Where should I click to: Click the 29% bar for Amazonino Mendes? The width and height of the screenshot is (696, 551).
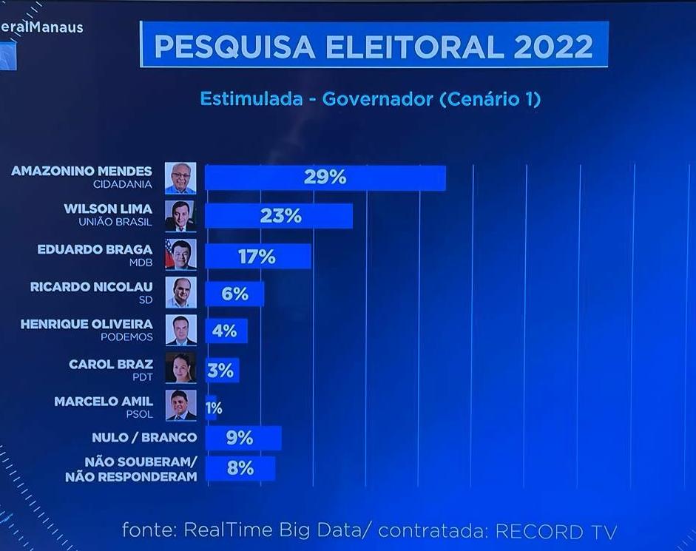coord(325,178)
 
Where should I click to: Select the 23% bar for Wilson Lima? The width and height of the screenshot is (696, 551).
coord(278,216)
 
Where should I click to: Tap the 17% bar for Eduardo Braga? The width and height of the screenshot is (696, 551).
coord(257,256)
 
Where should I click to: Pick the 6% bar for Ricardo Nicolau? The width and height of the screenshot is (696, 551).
coord(234,294)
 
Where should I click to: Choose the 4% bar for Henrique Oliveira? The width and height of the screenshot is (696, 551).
coord(226,331)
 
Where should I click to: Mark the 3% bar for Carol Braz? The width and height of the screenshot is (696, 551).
coord(221,370)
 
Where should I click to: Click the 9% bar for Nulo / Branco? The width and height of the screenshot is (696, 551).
coord(243,438)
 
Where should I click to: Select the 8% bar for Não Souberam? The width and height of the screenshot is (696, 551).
coord(240,468)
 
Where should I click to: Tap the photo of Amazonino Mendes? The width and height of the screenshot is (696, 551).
coord(180,178)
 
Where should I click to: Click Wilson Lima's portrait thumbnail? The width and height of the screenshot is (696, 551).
coord(180,216)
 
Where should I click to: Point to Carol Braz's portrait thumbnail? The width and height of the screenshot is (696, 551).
coord(180,368)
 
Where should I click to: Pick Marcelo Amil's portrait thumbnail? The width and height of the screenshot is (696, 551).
coord(180,405)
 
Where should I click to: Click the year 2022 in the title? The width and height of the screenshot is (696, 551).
coord(553,47)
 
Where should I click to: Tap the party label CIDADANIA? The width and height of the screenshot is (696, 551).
coord(123,184)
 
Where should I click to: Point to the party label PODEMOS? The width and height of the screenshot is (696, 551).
coord(126,337)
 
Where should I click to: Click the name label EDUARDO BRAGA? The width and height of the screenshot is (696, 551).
coord(95,249)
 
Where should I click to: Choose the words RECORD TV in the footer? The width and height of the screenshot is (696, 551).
coord(555,531)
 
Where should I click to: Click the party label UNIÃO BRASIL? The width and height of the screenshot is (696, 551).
coord(115,222)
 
